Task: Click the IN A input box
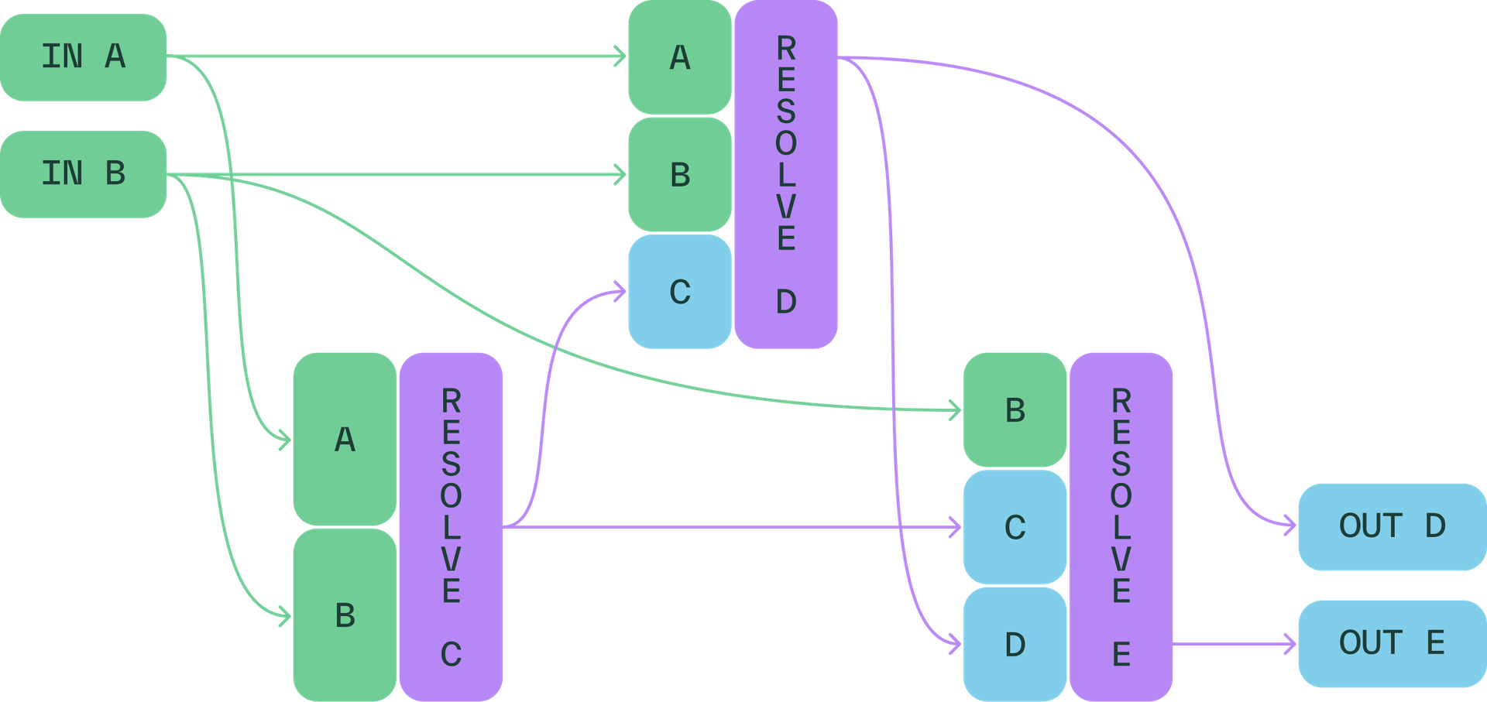click(84, 57)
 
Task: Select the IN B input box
click(84, 173)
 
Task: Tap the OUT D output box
click(1392, 526)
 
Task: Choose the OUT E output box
click(1392, 643)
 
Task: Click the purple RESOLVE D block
click(785, 174)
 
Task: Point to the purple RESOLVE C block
click(451, 526)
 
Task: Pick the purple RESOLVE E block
click(1121, 526)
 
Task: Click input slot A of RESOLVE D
click(679, 58)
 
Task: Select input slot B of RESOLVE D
click(679, 175)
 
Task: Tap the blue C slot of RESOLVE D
click(679, 292)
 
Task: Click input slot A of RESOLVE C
click(345, 440)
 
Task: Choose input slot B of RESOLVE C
click(345, 615)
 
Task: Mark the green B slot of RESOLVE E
click(1015, 410)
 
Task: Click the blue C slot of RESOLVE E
click(1015, 527)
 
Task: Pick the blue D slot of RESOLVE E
click(1015, 644)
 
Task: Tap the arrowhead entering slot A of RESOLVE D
click(620, 57)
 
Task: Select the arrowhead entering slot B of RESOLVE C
click(285, 616)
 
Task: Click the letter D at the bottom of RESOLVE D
click(785, 302)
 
